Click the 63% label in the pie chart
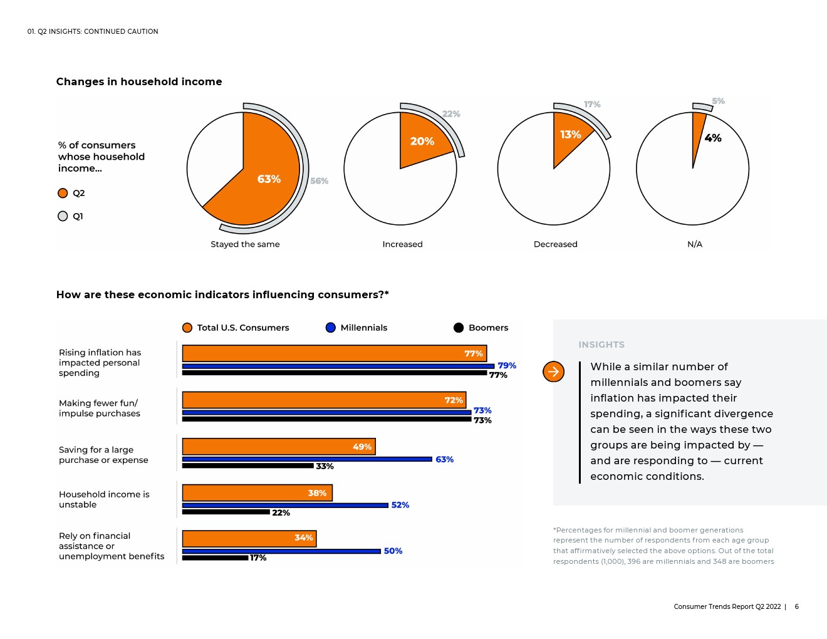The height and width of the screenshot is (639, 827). click(269, 179)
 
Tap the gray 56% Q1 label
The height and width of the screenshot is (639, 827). click(319, 181)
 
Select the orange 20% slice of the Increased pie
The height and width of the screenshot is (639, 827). click(422, 139)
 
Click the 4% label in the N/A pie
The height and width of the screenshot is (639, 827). click(713, 138)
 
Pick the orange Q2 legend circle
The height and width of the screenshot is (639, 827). click(63, 194)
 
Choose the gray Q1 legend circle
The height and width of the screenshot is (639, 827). click(63, 216)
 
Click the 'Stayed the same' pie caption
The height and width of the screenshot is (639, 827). click(245, 244)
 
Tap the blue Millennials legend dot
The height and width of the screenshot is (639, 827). click(331, 328)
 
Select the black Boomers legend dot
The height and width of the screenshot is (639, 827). click(459, 328)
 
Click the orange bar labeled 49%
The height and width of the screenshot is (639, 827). click(279, 447)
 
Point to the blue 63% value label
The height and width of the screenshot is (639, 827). click(445, 459)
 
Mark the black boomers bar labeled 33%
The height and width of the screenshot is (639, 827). click(247, 465)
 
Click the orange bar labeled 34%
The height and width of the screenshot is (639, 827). click(249, 539)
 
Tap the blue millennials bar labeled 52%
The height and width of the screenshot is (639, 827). click(285, 506)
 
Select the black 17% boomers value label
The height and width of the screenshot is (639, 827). click(258, 558)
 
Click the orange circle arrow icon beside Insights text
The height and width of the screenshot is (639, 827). click(553, 371)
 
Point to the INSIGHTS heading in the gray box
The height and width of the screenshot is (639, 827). click(601, 345)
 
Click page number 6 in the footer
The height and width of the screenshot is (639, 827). click(796, 606)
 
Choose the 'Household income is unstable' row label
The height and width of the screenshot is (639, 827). click(104, 499)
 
